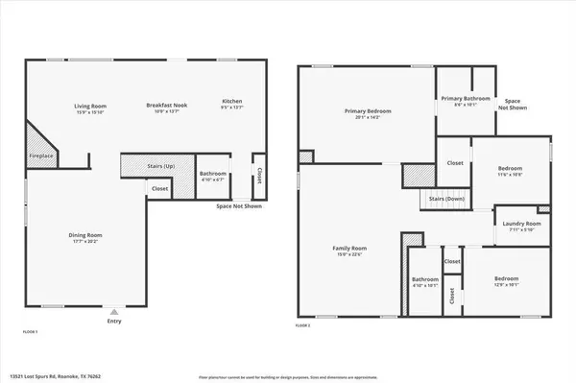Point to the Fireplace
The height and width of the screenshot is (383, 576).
click(x=40, y=155)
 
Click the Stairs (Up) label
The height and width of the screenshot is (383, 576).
click(x=158, y=165)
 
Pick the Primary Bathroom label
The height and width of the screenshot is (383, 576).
click(x=466, y=99)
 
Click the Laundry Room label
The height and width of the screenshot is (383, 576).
click(x=521, y=225)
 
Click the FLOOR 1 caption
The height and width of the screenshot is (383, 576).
click(x=30, y=330)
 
